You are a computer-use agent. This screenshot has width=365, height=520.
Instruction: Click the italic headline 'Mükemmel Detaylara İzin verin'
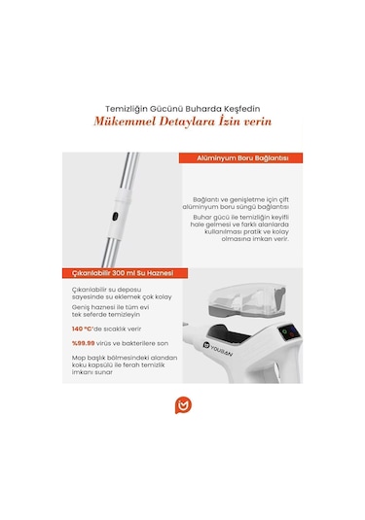click(x=183, y=122)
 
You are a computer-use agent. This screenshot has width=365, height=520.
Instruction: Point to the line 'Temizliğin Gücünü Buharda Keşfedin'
click(x=183, y=108)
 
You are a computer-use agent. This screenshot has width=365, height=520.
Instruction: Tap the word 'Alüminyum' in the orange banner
click(x=211, y=157)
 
